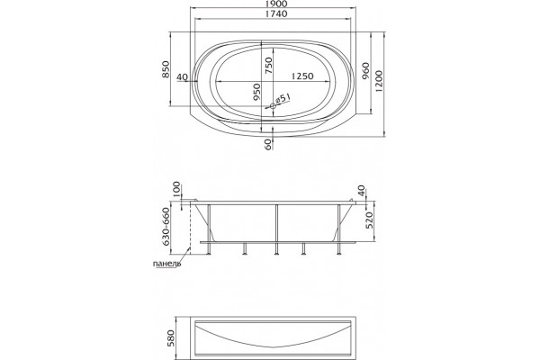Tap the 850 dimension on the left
click(166, 69)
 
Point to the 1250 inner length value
click(302, 76)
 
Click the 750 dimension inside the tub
click(268, 66)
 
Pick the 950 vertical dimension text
click(256, 93)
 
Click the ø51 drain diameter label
click(283, 99)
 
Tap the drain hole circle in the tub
click(273, 106)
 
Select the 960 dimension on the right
click(365, 70)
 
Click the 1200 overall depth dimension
click(379, 81)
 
